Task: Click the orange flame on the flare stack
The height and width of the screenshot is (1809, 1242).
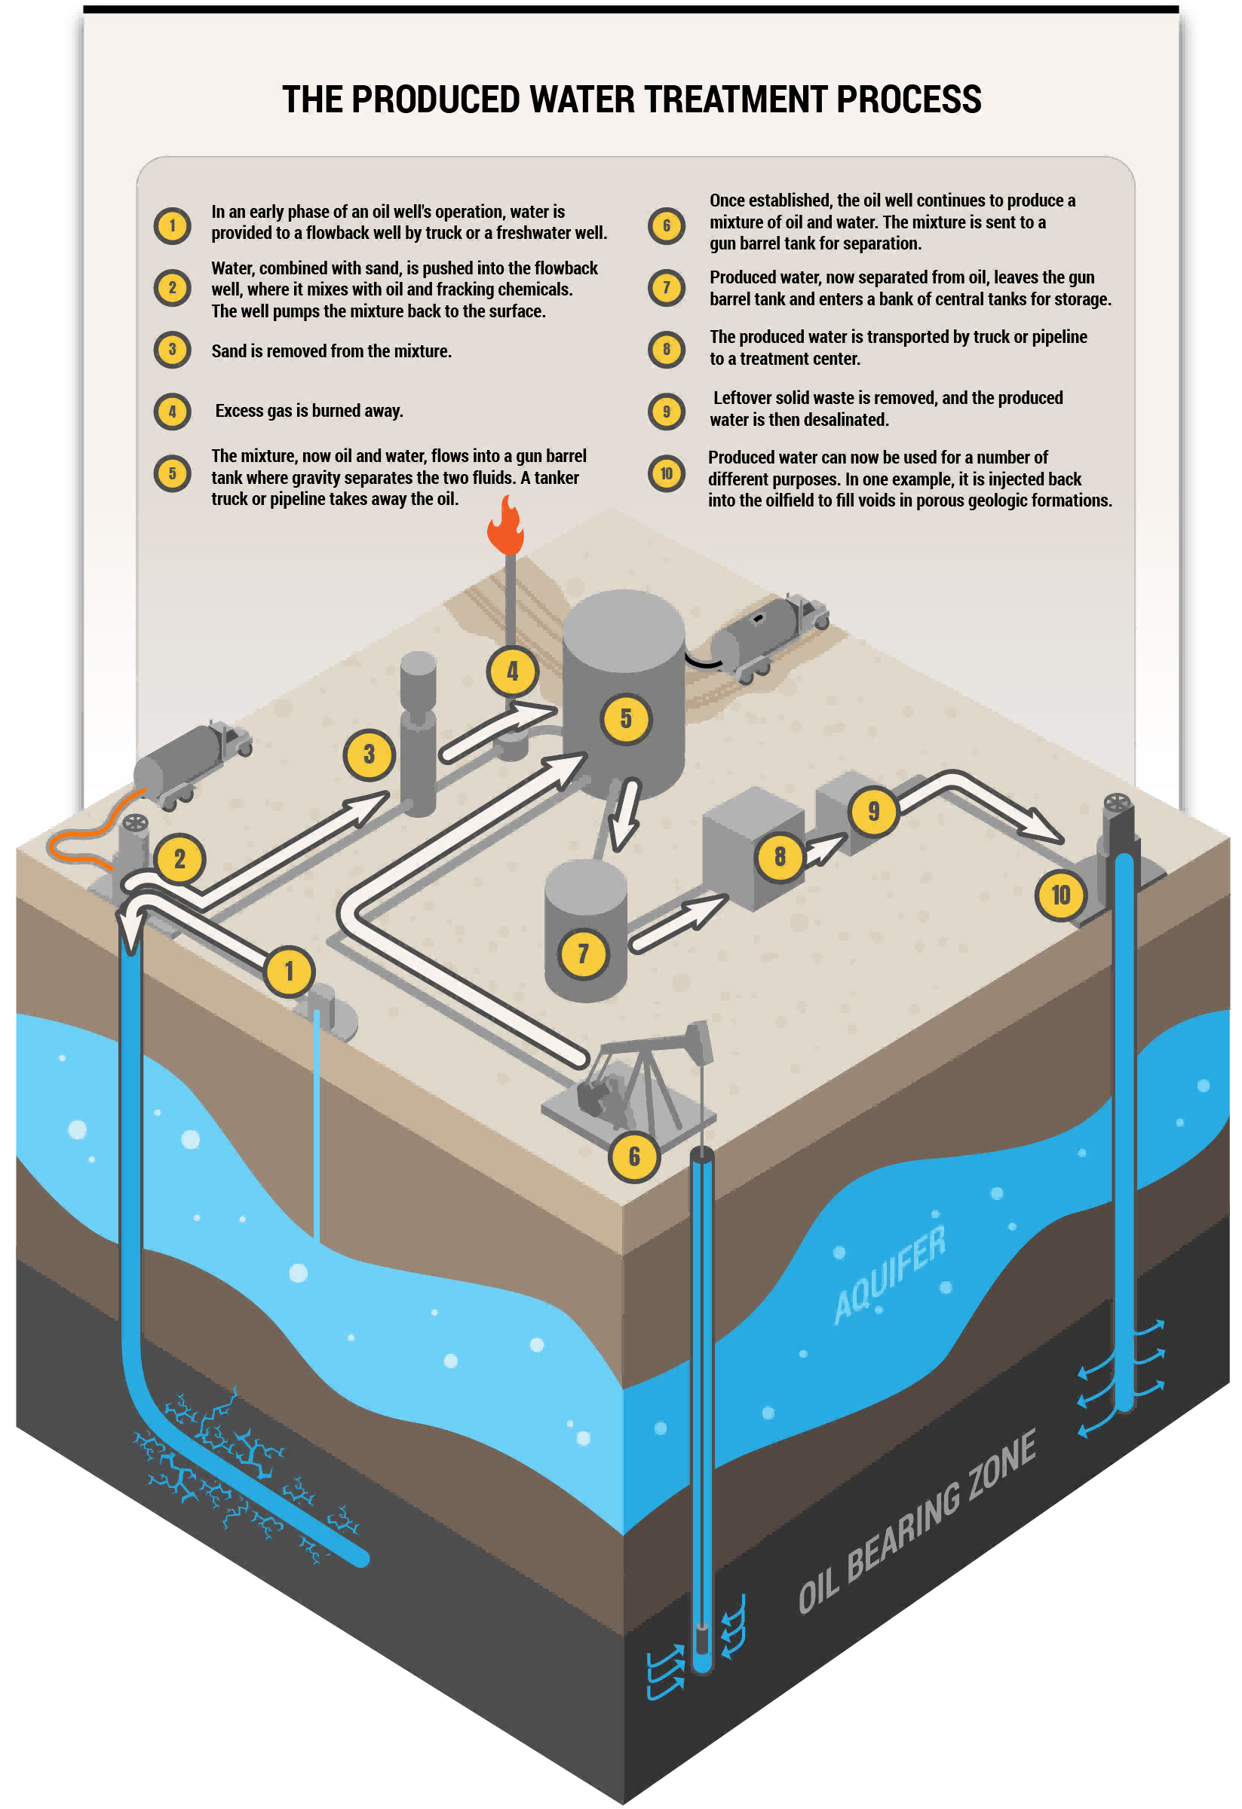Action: pos(506,526)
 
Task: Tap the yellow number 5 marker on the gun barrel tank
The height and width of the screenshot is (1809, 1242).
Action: pos(625,718)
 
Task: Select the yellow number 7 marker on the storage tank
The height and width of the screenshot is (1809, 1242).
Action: pos(582,953)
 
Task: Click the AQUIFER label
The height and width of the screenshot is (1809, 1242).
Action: pos(889,1275)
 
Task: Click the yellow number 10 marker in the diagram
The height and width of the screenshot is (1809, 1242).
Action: pos(1060,895)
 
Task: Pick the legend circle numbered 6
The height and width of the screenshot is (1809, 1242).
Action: pos(667,225)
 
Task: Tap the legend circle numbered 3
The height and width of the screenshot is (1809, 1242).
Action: pos(173,350)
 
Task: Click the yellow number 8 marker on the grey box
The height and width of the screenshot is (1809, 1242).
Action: pos(780,857)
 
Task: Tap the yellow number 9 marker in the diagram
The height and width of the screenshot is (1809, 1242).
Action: pos(874,811)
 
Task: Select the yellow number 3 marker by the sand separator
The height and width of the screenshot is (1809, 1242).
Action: pos(369,754)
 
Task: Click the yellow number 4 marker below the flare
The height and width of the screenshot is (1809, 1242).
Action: pos(512,671)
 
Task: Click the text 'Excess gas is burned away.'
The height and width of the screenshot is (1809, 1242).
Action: pos(309,411)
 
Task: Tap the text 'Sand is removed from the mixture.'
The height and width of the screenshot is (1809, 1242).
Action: pos(331,351)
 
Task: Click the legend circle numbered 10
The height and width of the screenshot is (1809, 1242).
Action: pos(667,473)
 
